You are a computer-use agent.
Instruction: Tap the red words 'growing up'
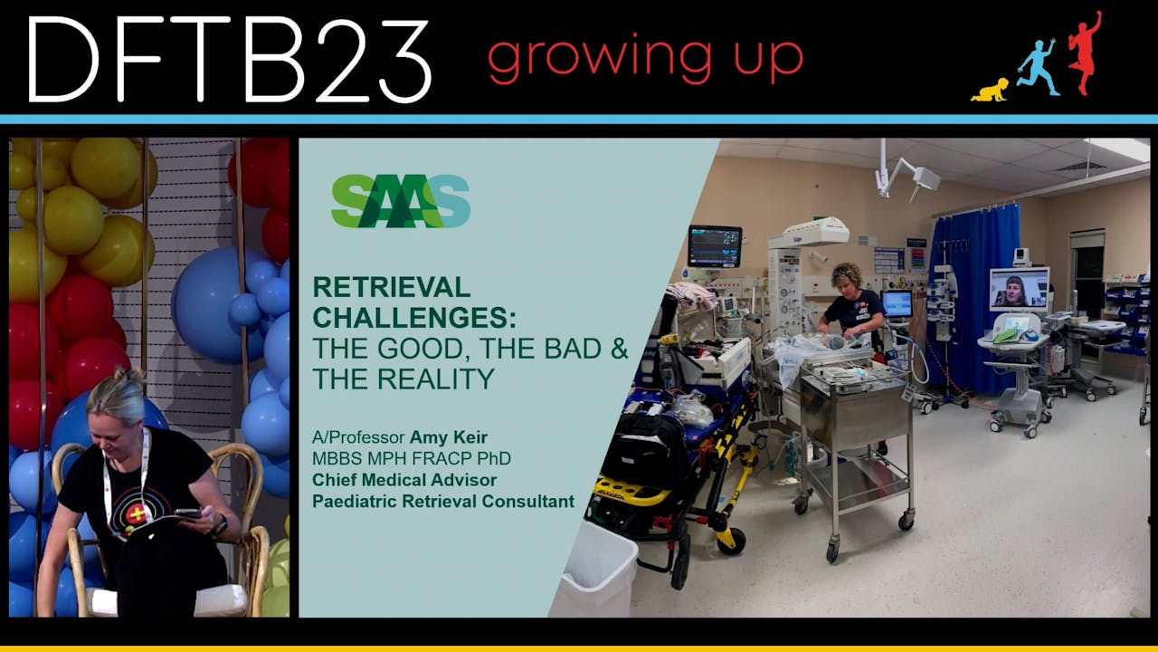pos(645,58)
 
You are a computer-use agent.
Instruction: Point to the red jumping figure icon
pos(1084,52)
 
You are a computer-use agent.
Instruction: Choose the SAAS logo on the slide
pos(400,201)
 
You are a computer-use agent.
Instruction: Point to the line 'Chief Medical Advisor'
pos(404,480)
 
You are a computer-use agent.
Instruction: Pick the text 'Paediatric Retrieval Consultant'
pos(443,501)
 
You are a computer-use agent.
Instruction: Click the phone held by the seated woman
pos(188,513)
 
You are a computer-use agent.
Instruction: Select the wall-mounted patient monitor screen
pos(714,244)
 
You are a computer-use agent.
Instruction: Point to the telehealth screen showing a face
pos(1019,290)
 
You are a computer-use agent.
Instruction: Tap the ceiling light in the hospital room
pos(1119,149)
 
